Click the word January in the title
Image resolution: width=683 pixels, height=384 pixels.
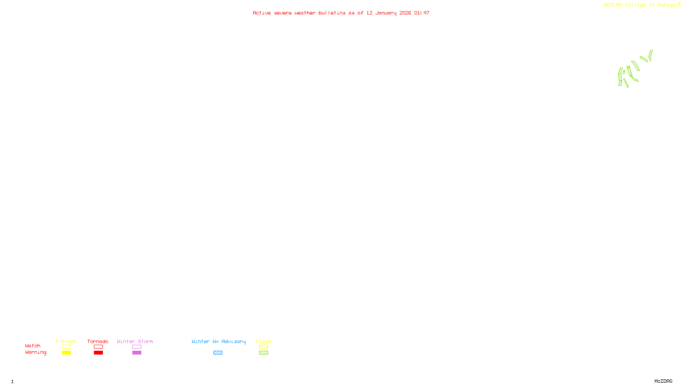385,13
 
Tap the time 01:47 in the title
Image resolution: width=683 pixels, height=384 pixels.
421,13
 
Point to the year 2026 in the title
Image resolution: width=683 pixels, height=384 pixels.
405,13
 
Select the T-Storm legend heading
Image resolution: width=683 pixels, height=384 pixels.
66,341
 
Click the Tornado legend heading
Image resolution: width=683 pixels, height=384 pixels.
98,341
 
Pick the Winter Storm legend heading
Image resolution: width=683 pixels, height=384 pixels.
135,341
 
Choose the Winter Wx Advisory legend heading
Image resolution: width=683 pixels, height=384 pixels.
219,341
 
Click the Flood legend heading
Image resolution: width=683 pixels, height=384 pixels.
263,341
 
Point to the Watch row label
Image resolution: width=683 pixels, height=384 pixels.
33,346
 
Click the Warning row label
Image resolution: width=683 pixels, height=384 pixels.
35,352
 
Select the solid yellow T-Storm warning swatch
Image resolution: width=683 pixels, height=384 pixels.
66,353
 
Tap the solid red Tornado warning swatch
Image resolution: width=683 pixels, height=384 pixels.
98,353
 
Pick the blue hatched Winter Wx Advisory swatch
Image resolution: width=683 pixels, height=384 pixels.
218,353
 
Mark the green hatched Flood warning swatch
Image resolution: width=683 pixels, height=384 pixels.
263,353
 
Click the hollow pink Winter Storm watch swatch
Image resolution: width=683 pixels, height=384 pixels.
137,347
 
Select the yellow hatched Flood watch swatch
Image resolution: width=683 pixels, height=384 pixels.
263,347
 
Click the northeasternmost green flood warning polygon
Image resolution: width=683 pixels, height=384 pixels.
650,55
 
